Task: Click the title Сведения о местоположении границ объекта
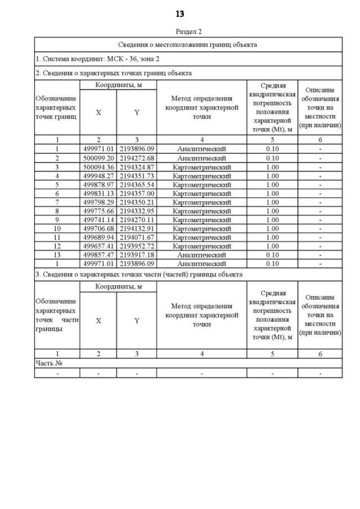click(x=188, y=44)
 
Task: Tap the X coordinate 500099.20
click(x=98, y=158)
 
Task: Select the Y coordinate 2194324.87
click(x=137, y=167)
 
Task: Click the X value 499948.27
click(x=98, y=175)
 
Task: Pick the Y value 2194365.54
click(x=137, y=184)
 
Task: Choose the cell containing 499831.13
click(x=98, y=193)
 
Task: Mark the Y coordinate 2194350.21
click(x=137, y=202)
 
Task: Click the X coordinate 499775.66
click(x=98, y=211)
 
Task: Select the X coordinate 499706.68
click(x=98, y=228)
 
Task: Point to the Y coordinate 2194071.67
click(x=137, y=237)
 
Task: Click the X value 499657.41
click(x=98, y=246)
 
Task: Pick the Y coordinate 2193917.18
click(x=137, y=255)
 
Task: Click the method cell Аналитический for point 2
click(x=201, y=158)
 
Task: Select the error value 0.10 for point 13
click(x=272, y=255)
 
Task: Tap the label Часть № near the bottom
click(x=49, y=363)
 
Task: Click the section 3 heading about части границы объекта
click(x=139, y=274)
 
